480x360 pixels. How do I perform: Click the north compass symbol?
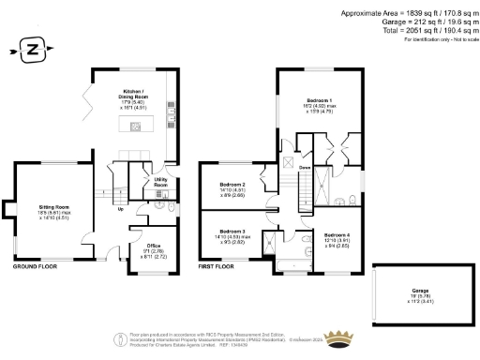[x=32, y=48]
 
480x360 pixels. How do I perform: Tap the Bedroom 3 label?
[x=232, y=234]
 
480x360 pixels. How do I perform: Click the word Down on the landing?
[x=305, y=169]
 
